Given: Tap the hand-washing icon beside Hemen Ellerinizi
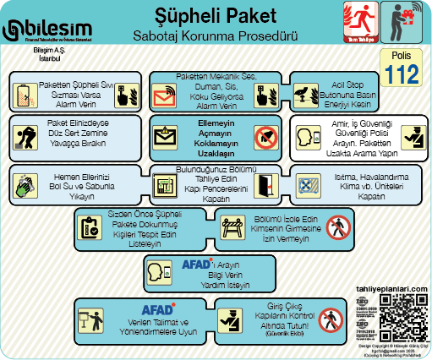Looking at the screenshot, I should pyautogui.click(x=25, y=183).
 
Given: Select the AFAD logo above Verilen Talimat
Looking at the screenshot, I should pyautogui.click(x=157, y=308).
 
